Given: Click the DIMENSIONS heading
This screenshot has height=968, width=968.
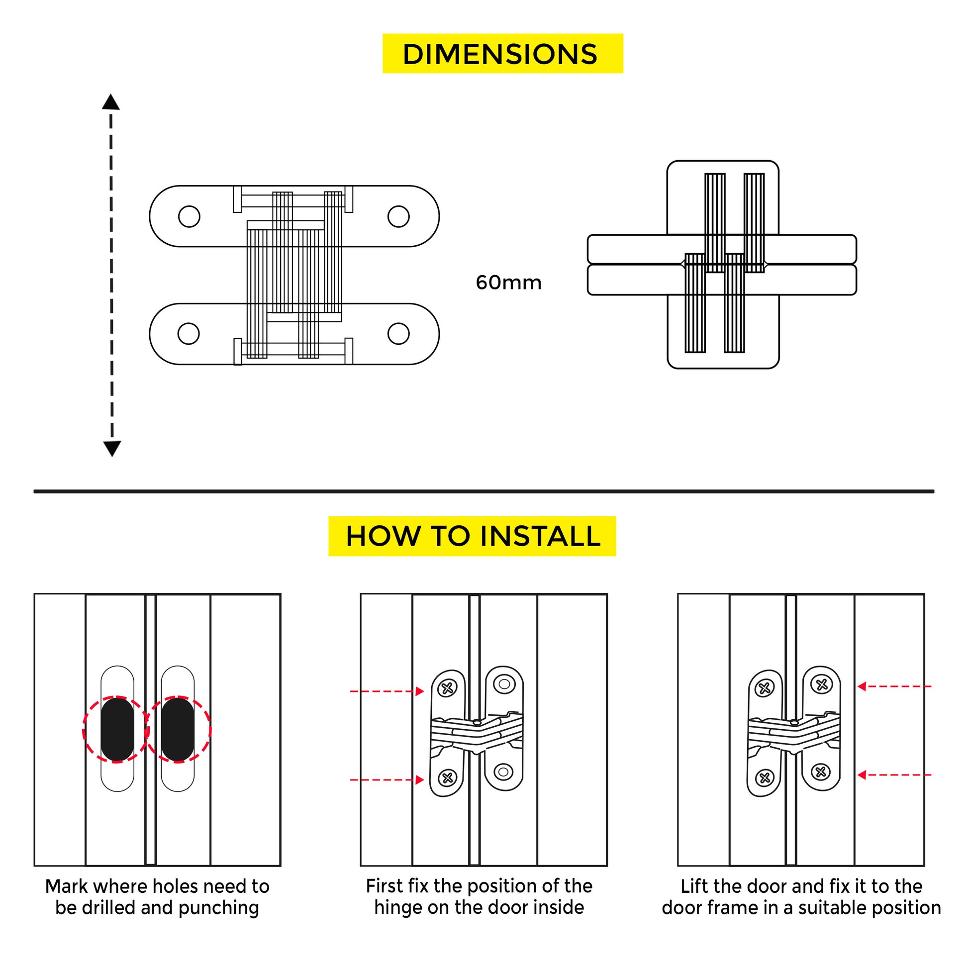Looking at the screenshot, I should coord(502,54).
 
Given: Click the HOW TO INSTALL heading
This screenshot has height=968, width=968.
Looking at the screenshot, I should coord(473,536).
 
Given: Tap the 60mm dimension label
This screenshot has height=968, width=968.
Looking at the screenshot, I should coord(508,283).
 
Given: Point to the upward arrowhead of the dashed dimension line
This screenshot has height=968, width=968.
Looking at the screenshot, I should coord(111,101).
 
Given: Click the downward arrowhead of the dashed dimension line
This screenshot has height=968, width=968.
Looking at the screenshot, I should coord(112,448).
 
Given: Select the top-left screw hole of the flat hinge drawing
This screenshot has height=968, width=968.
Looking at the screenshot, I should coord(189,216).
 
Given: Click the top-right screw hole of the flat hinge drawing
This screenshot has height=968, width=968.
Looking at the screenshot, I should coord(398,216).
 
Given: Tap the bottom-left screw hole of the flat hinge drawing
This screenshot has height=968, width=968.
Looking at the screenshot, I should coord(189,334).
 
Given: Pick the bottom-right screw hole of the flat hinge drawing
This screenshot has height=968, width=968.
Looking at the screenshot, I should coord(398,334).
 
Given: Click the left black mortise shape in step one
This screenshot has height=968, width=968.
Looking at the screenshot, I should coord(117,730).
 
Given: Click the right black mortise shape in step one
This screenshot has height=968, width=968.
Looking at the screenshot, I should coord(178,730).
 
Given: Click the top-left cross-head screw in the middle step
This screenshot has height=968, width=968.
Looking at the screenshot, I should coord(447,689).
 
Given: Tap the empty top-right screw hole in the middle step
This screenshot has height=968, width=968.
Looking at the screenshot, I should coord(504,684).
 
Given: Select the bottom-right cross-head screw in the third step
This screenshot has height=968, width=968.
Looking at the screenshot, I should coord(821,772).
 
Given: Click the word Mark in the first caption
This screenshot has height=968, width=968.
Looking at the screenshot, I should coord(67,886).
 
